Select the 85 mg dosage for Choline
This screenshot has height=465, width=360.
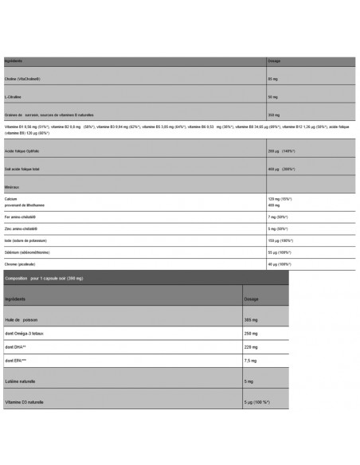(x=274, y=80)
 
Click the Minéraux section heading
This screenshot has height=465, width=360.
(x=13, y=188)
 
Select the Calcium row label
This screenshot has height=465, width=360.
(x=11, y=200)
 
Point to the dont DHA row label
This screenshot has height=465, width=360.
(x=17, y=346)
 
